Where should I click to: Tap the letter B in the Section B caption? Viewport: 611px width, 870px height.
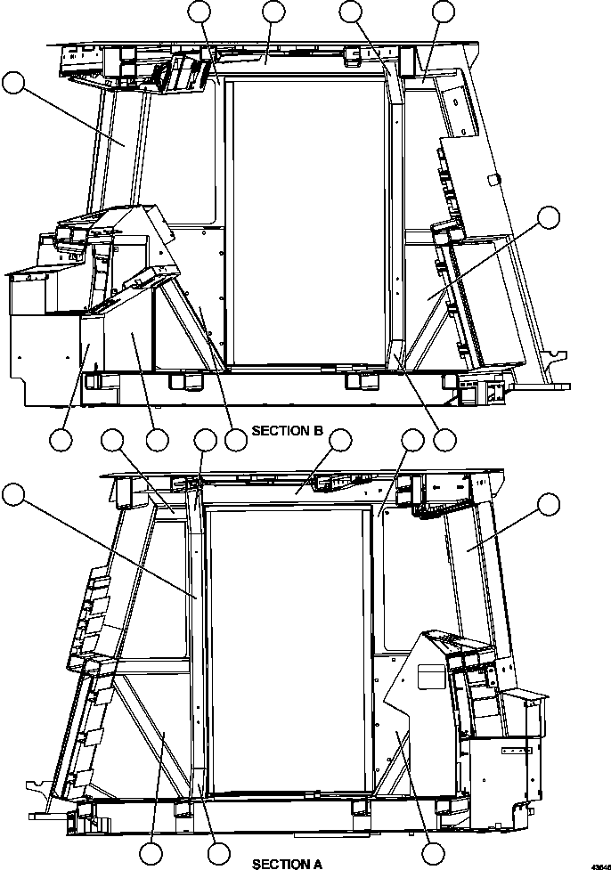coord(317,431)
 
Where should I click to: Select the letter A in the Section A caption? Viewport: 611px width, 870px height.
coord(317,863)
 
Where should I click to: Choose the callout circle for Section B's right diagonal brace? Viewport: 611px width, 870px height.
coord(549,217)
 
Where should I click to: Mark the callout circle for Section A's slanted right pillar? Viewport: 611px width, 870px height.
coord(549,506)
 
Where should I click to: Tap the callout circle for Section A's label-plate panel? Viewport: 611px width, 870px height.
coord(434,853)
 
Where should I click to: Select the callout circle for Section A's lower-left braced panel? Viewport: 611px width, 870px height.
coord(151,853)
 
